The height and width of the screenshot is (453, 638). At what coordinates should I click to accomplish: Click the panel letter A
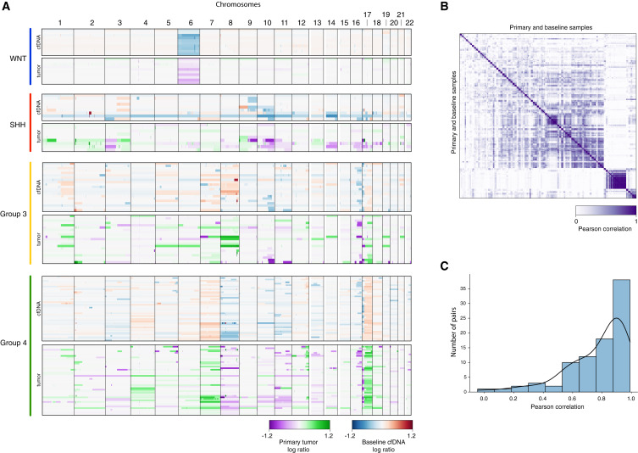pyautogui.click(x=6, y=6)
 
